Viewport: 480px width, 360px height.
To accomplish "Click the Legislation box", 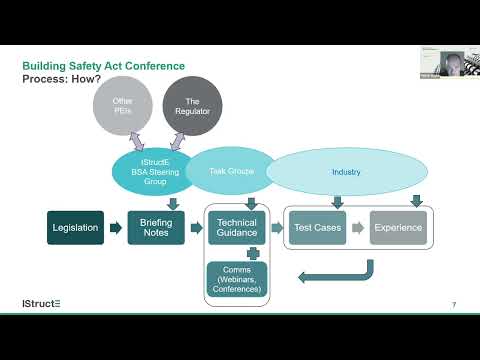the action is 75,228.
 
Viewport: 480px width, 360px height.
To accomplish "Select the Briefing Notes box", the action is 155,228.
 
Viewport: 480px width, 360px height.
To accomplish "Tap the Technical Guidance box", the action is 237,228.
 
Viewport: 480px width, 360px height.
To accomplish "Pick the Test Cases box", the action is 317,228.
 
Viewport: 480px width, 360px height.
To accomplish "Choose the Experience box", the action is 398,228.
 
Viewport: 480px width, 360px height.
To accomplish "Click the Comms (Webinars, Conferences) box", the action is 237,278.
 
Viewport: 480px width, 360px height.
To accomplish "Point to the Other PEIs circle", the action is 122,106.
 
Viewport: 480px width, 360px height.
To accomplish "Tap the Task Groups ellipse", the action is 233,171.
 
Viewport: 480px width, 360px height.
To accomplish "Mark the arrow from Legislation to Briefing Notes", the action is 114,228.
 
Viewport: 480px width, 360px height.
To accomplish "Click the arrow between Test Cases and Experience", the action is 357,228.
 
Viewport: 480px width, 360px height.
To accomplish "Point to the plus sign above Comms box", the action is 237,252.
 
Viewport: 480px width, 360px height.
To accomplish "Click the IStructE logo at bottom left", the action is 41,302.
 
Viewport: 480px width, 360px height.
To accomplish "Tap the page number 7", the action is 454,304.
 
